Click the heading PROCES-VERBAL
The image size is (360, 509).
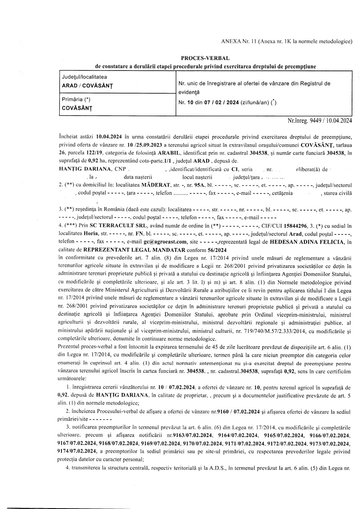tap(205, 58)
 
